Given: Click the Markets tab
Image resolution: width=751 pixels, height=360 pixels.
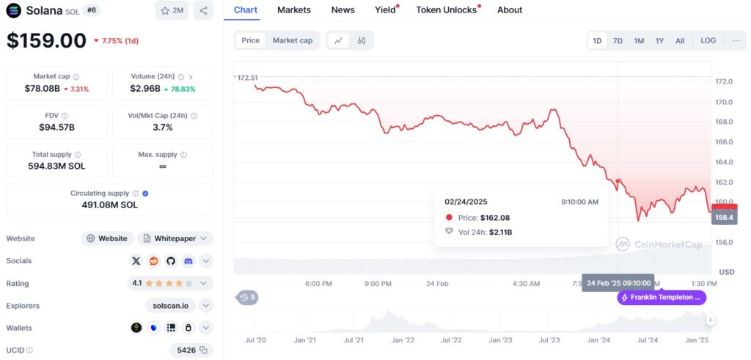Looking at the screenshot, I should (293, 10).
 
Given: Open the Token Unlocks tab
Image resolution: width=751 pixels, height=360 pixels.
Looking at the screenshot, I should (446, 10).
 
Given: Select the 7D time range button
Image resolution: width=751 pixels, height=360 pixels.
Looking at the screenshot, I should (618, 40).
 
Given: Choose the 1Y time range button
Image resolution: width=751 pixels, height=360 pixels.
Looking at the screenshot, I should (659, 40).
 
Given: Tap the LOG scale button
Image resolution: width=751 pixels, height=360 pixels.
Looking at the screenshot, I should (708, 40).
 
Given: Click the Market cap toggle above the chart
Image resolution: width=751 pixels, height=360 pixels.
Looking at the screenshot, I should (293, 40).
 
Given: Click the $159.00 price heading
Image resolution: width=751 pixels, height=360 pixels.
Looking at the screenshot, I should (46, 40).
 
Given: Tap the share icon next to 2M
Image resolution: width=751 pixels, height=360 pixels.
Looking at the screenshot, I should (203, 10).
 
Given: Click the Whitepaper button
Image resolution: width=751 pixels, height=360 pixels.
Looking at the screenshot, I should (175, 238).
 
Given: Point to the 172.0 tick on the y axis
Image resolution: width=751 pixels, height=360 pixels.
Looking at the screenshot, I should (724, 81).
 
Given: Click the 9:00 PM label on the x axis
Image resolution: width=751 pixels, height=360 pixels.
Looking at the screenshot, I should (378, 283).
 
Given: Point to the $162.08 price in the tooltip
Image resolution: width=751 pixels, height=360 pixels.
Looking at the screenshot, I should (495, 218).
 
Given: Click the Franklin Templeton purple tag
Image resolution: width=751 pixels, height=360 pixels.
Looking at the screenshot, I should (662, 298).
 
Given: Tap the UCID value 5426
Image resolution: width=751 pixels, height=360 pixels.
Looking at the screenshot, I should (186, 350).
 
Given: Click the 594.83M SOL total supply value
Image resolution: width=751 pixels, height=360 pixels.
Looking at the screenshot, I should (56, 166).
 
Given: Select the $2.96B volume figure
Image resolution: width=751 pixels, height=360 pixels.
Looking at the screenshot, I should (146, 89).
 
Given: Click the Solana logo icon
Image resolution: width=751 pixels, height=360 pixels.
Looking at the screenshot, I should (13, 10).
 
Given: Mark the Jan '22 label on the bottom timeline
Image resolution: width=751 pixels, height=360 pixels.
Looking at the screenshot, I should (402, 340).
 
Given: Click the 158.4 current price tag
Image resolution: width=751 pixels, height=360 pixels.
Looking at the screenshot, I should (724, 217).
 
